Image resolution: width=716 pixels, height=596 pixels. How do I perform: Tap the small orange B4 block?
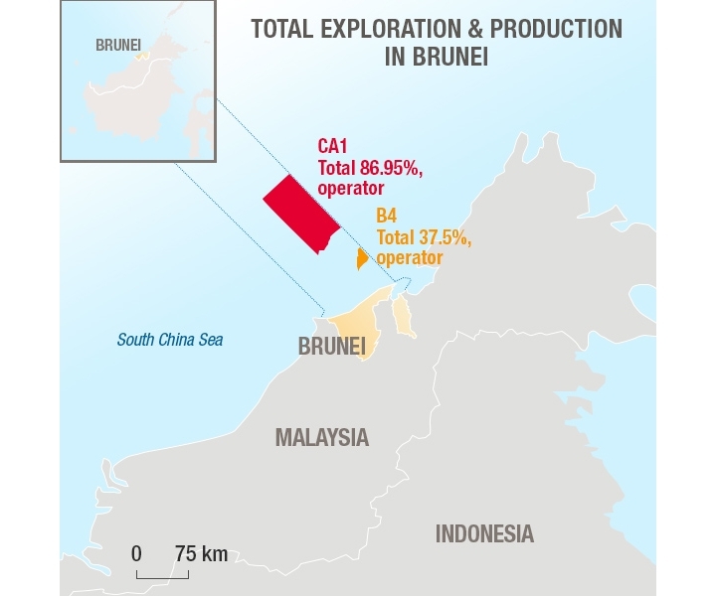click(362, 259)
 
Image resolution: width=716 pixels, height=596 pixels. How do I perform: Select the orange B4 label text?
click(386, 216)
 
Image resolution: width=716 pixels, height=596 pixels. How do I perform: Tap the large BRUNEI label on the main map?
click(332, 346)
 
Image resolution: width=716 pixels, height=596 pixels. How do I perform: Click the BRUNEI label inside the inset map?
click(119, 46)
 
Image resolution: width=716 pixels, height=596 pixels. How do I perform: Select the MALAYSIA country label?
click(321, 437)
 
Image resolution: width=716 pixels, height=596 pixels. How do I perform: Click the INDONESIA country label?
click(484, 533)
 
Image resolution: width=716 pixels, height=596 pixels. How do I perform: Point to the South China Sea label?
click(170, 341)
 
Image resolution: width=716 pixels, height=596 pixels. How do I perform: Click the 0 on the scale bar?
click(137, 553)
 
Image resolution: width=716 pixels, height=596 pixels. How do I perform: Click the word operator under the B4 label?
click(409, 257)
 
